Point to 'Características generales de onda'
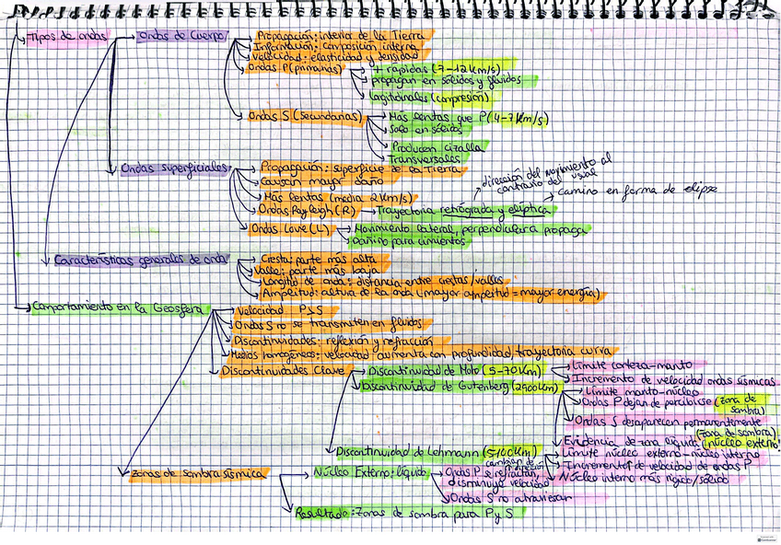(x=138, y=260)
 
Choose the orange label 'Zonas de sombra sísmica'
(x=199, y=473)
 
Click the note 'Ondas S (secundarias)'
(x=305, y=116)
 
